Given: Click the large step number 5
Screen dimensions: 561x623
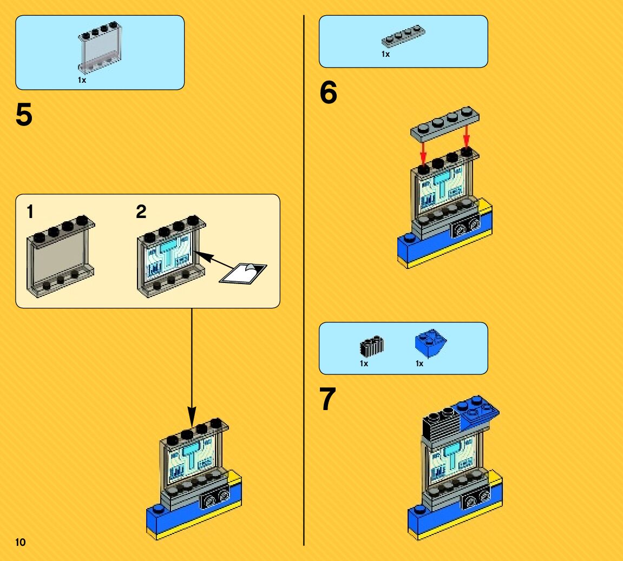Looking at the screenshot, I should coord(24,115).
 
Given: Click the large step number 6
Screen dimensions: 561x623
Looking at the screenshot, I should coord(328,93).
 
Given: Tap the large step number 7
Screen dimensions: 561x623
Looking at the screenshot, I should coord(328,400).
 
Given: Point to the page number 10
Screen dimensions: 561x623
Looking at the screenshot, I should coord(21,542).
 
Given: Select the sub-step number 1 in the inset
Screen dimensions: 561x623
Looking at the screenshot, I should coord(30,212).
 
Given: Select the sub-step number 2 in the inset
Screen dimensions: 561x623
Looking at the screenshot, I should coord(141,212).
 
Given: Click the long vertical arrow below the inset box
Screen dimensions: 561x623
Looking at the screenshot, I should coord(192,368).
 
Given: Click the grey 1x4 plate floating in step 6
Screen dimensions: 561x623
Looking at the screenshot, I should coord(445,122).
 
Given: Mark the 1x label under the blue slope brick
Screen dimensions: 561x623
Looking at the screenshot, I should coord(419,364).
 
